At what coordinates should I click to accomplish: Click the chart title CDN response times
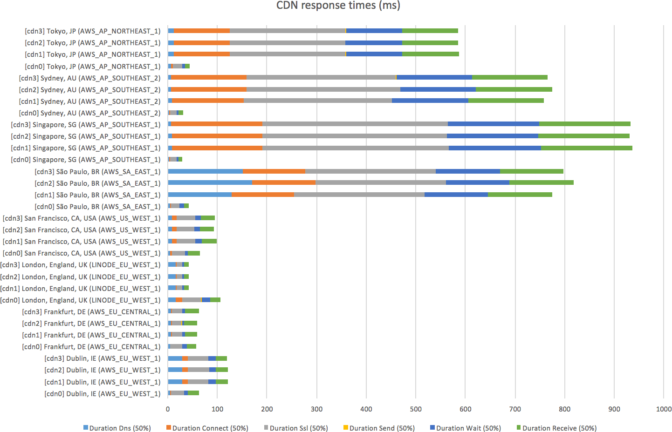338,6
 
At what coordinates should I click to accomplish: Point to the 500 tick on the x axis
416,409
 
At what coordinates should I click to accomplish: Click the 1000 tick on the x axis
664,409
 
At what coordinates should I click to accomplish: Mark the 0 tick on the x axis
168,409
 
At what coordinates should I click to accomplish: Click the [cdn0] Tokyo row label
92,67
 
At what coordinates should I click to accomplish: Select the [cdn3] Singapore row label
86,125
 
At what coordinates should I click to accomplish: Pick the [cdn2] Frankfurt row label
91,324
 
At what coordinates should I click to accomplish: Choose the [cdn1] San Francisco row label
82,242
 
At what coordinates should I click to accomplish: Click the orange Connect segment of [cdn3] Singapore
217,124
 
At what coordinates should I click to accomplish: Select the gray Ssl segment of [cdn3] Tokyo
288,31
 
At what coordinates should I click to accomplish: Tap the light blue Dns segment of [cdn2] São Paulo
210,182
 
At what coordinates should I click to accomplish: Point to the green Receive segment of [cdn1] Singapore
586,148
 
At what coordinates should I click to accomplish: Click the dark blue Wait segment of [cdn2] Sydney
438,89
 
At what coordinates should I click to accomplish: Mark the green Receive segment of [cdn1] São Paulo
520,195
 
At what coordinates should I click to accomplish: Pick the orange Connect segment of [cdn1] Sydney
208,101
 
